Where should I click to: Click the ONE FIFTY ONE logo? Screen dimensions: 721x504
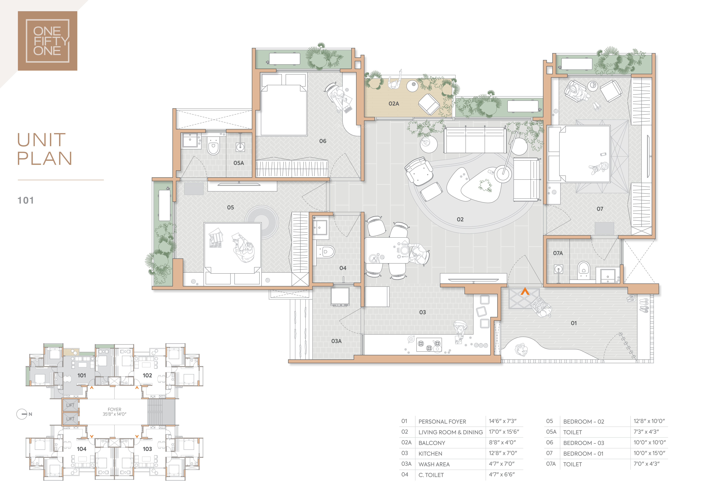pos(47,41)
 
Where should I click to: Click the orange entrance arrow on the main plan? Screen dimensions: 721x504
pos(525,292)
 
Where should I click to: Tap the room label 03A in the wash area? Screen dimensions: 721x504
pos(336,341)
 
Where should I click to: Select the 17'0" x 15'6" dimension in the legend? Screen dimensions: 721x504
pos(504,432)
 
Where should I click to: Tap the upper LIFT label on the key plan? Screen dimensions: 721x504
pos(70,405)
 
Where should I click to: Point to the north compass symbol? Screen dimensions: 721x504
pos(22,414)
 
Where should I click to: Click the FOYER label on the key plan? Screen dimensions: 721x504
pos(114,409)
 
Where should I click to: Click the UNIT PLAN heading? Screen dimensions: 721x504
pos(45,149)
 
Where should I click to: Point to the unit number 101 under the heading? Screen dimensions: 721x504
pos(25,200)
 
